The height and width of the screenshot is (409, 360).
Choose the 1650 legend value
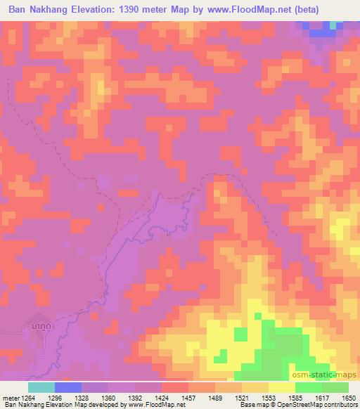(349, 398)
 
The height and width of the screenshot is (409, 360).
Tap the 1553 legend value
(259, 398)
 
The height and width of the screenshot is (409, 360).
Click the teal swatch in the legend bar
(41, 387)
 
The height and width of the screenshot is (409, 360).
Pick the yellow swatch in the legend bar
(282, 387)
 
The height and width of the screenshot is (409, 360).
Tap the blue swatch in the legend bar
(68, 387)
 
